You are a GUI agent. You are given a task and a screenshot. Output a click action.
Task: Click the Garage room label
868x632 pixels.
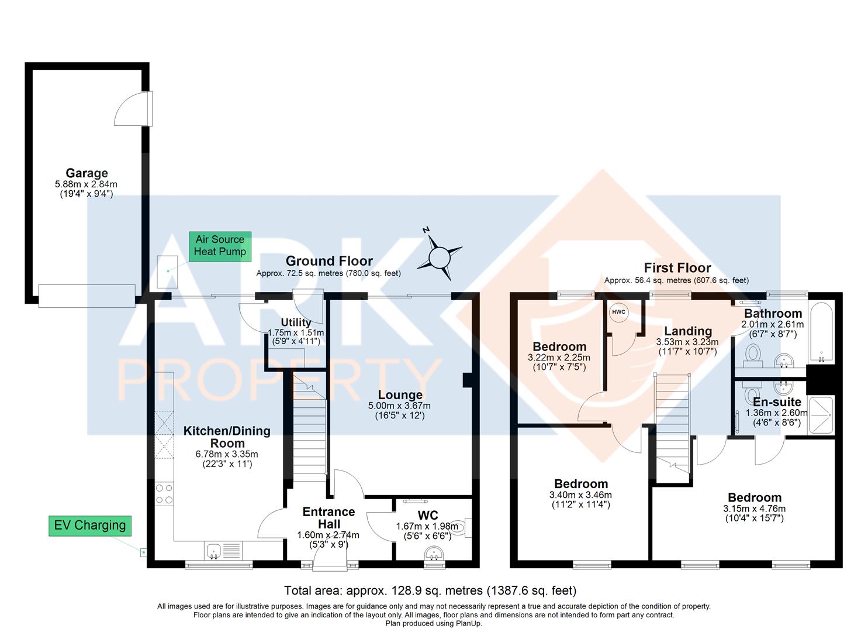coord(87,173)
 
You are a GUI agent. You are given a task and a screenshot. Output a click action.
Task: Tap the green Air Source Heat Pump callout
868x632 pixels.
coord(220,246)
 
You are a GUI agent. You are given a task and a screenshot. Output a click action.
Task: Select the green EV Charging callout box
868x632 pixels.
coord(89,525)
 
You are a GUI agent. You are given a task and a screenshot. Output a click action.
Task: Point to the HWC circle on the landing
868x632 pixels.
coord(618,312)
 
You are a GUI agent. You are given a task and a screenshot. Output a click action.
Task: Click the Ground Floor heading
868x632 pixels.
coord(328,261)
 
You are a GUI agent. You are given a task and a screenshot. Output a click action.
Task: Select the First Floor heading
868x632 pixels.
coord(677,268)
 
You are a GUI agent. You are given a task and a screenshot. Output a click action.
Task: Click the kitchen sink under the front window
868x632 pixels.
coord(214,550)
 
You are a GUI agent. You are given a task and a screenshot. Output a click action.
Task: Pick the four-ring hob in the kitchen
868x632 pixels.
coord(164,494)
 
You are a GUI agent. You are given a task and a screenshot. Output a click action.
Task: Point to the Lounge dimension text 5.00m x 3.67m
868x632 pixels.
coord(400,406)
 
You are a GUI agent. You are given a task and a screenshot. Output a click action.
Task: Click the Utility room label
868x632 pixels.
coord(296,322)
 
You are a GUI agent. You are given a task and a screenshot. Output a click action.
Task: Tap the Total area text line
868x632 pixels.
coord(430,590)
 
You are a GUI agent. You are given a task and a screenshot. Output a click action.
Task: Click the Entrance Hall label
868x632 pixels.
coord(328,518)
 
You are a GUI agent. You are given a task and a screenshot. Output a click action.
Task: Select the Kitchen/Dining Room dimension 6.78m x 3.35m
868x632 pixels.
coord(226,454)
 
